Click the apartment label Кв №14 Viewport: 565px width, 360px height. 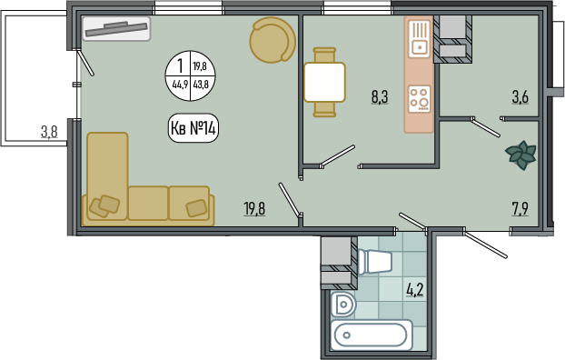(x=193, y=128)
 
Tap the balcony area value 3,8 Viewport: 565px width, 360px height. (x=49, y=132)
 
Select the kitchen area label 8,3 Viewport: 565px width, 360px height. (x=380, y=97)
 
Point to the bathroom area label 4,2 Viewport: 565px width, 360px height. (x=415, y=290)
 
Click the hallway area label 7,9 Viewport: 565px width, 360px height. (x=520, y=209)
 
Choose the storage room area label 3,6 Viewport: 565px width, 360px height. (x=520, y=97)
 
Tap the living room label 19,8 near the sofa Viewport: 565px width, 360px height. (x=254, y=209)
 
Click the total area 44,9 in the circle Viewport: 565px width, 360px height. (x=180, y=85)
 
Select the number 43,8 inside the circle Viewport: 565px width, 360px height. (x=201, y=85)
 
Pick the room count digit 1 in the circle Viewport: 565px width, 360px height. (x=180, y=66)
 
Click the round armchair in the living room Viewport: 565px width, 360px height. (x=273, y=40)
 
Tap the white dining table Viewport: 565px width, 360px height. (x=324, y=82)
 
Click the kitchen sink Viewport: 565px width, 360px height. (x=420, y=39)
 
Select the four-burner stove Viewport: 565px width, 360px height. (x=420, y=99)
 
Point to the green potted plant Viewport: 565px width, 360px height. (x=521, y=155)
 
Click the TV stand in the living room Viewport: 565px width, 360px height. (x=116, y=29)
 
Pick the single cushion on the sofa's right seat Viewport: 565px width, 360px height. (x=196, y=208)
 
